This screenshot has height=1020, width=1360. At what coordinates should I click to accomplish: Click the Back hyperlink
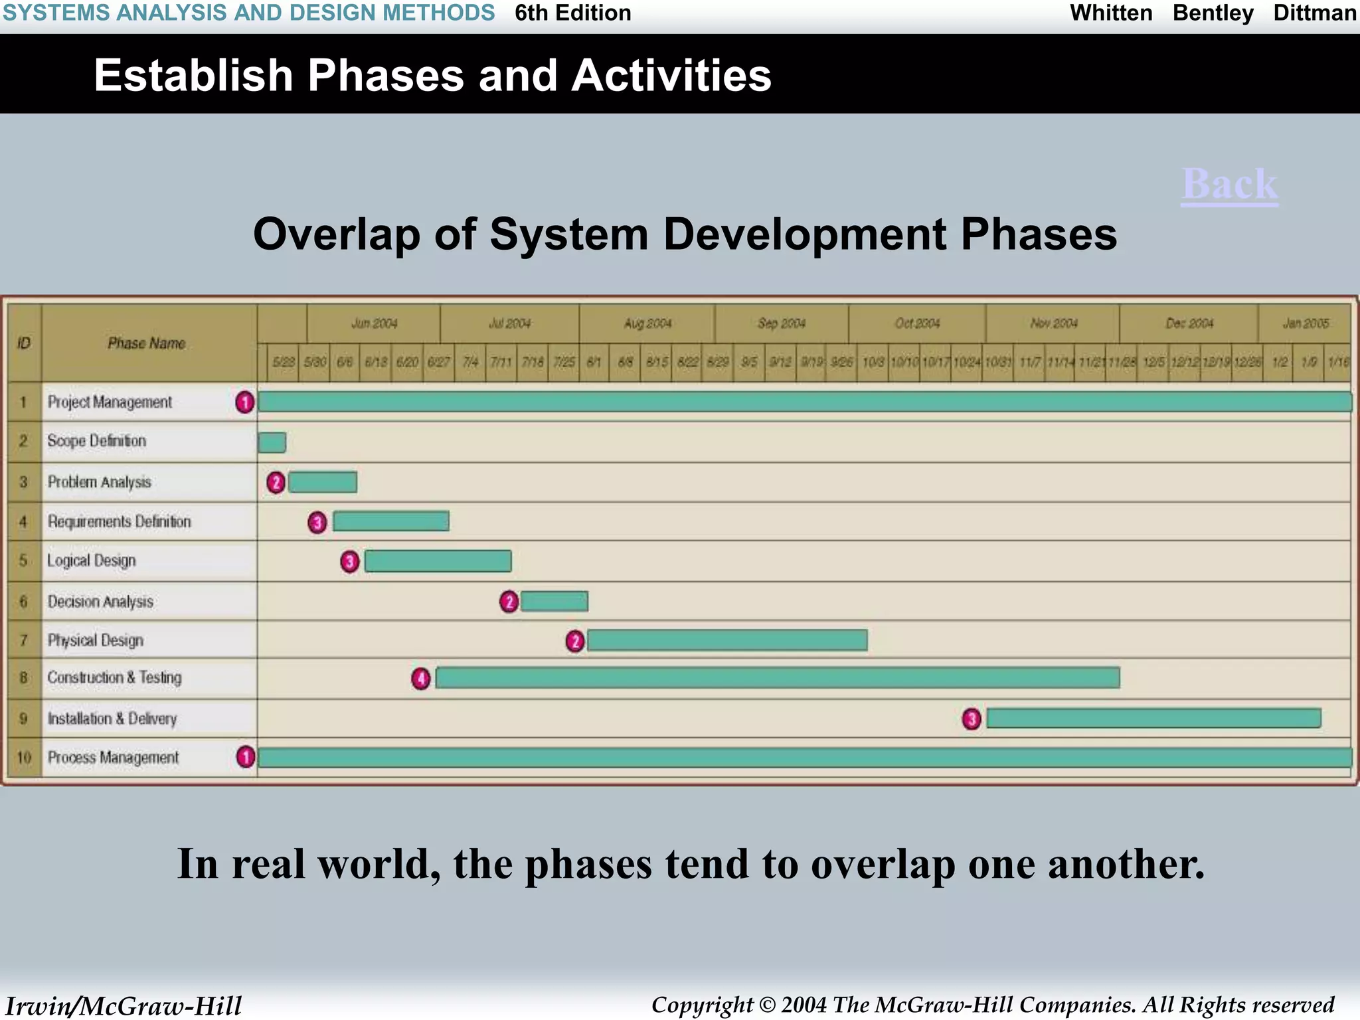(1229, 185)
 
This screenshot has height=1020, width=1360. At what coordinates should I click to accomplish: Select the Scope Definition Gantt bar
(272, 442)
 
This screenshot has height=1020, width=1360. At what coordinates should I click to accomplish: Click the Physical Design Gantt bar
(726, 640)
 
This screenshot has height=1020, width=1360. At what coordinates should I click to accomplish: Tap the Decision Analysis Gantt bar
(554, 602)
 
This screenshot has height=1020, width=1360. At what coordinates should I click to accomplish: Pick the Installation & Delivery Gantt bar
(1153, 718)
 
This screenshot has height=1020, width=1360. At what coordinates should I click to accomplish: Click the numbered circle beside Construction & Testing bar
(421, 679)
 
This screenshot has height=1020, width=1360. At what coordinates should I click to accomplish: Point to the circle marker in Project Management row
(245, 402)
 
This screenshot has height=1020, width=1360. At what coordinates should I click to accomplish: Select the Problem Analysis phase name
(100, 482)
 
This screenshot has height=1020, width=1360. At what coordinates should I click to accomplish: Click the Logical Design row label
(92, 561)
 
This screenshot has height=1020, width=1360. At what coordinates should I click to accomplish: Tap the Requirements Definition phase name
(119, 522)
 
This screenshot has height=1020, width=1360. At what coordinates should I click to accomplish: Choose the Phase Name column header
(146, 343)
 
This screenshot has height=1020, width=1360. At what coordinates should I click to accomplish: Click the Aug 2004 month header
(647, 323)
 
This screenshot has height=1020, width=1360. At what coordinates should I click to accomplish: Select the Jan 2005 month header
(1306, 323)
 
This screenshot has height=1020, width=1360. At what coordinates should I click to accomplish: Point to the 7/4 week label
(470, 363)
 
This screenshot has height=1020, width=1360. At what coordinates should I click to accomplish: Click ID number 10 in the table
(24, 758)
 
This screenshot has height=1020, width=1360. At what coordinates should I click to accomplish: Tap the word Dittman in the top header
(1314, 13)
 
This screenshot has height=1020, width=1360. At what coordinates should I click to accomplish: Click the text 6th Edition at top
(572, 13)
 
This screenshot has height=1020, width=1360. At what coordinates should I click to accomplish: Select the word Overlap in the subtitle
(337, 235)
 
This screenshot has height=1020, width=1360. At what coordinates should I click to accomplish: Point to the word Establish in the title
(193, 75)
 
